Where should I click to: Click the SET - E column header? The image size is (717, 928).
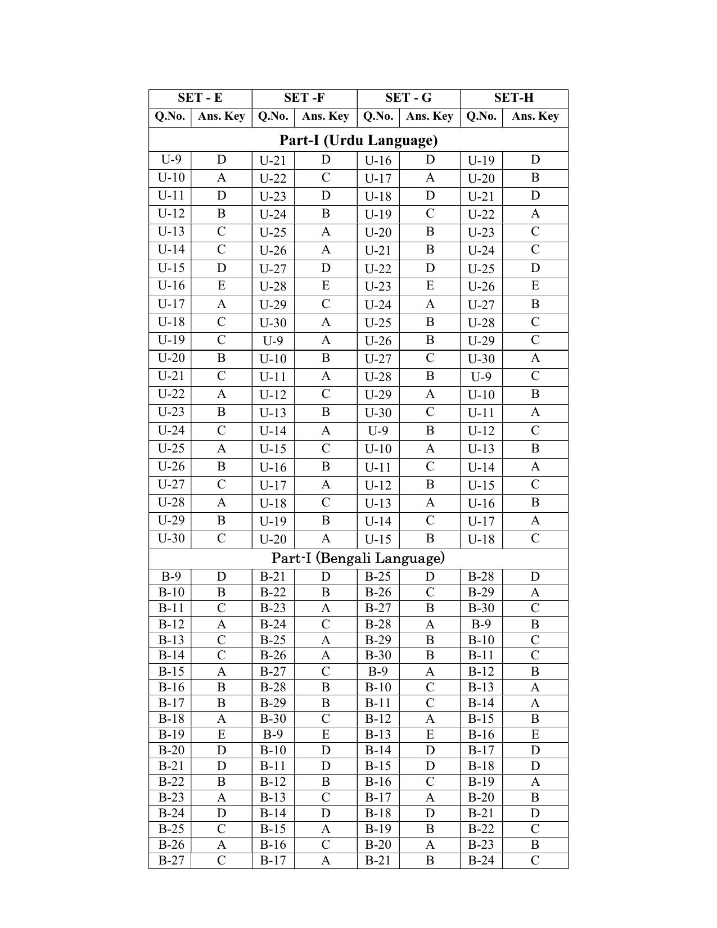tap(200, 98)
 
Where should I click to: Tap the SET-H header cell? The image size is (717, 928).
tap(513, 98)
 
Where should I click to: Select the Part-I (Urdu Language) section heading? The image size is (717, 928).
tap(358, 140)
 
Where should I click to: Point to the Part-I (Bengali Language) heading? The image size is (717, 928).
tap(358, 558)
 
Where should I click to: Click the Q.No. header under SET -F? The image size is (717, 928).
tap(273, 116)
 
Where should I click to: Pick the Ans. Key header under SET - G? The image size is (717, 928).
tap(429, 116)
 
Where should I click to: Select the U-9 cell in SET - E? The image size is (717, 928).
tap(170, 160)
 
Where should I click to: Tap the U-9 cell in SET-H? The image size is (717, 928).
tap(481, 377)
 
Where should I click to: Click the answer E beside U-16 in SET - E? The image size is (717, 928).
tap(221, 286)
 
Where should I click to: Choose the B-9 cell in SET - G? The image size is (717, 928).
tap(378, 672)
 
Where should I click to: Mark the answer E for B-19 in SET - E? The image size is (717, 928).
tap(221, 735)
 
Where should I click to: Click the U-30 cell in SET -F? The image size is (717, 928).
tap(273, 323)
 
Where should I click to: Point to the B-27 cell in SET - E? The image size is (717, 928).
tap(170, 861)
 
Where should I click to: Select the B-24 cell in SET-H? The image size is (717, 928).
tap(481, 861)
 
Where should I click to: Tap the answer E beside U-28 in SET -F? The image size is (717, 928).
tap(325, 286)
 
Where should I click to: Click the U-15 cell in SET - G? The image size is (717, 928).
tap(378, 539)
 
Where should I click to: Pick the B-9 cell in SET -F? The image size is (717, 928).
tap(273, 735)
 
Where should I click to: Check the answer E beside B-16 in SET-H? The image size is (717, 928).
tap(534, 735)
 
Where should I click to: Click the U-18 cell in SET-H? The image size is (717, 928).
tap(481, 539)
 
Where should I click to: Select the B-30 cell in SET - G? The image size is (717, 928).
tap(378, 655)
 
